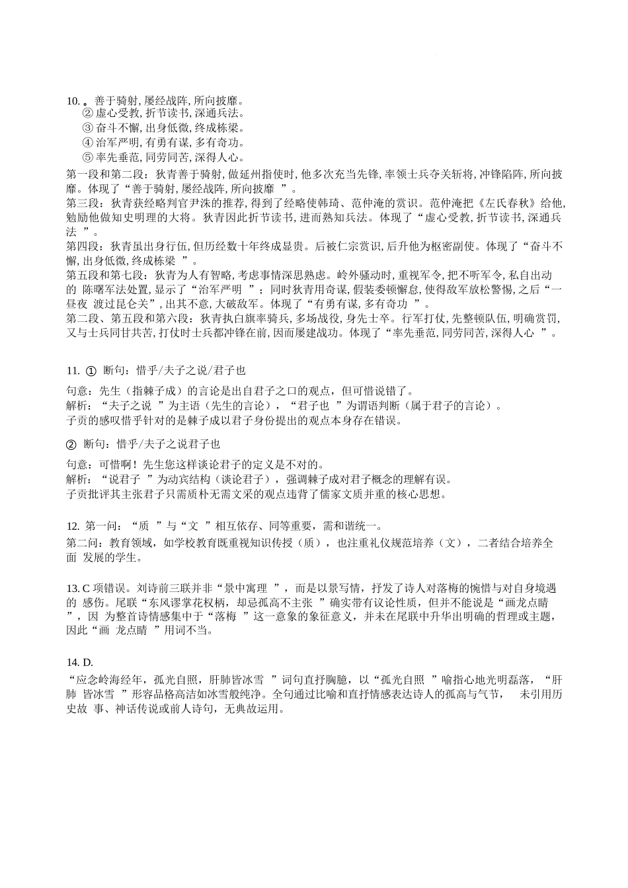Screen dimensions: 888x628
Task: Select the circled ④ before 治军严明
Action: click(87, 143)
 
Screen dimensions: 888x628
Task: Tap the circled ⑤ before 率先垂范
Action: click(87, 158)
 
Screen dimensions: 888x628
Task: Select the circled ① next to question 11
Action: click(92, 371)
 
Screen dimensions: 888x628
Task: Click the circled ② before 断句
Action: click(73, 443)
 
